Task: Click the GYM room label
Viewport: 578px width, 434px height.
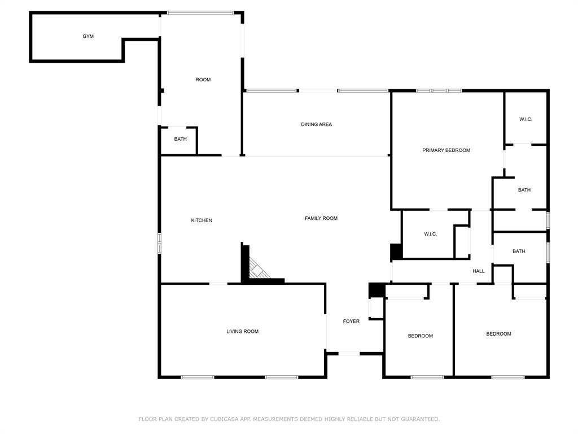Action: click(x=88, y=36)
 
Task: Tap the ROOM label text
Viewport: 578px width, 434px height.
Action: click(x=203, y=80)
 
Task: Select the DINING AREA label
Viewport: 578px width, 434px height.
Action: click(x=316, y=124)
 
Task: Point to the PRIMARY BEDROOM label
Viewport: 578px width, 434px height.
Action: click(x=446, y=150)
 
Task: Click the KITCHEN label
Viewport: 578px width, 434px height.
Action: click(x=202, y=220)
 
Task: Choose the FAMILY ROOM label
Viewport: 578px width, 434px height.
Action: click(x=321, y=219)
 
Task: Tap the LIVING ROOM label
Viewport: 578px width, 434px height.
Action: click(x=242, y=331)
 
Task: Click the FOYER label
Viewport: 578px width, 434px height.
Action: click(x=351, y=322)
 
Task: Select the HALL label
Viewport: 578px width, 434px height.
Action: click(x=479, y=271)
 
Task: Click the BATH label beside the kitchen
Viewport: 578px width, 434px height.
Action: click(x=180, y=139)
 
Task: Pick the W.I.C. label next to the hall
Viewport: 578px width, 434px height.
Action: click(x=430, y=235)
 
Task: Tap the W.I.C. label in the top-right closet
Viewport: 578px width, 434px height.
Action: click(x=526, y=119)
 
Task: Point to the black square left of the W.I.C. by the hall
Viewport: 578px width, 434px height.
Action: click(x=396, y=251)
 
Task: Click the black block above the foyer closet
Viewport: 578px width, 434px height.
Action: click(x=376, y=290)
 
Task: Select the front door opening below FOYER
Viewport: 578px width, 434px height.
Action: click(x=349, y=354)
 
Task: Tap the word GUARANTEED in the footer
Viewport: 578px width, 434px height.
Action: click(x=420, y=419)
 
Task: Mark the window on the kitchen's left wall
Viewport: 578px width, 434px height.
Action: click(x=160, y=243)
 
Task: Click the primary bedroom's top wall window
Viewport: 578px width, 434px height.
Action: click(x=439, y=90)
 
